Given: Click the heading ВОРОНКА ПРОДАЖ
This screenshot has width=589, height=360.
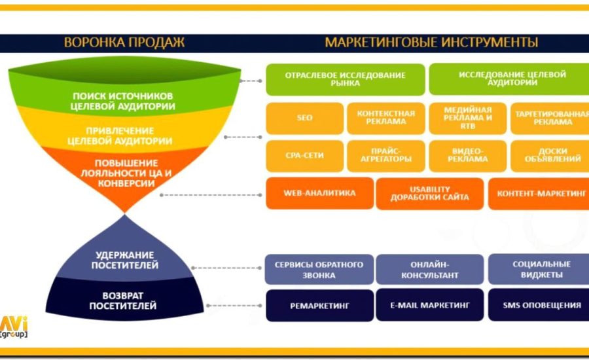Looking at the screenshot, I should tap(124, 43).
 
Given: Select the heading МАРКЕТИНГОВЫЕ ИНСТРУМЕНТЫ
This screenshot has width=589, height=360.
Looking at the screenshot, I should tap(431, 43).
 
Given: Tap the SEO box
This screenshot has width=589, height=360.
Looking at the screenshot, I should tap(304, 118).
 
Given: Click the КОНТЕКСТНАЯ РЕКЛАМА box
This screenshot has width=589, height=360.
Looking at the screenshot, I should tap(385, 118).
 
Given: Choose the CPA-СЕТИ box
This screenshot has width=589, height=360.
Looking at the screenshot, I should tap(304, 156).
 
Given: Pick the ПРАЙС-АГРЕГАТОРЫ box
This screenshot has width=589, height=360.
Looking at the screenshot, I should tap(385, 156).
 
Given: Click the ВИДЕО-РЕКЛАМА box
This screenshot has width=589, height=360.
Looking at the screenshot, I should tap(467, 156).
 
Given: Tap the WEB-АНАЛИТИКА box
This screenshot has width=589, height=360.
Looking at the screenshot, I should tap(319, 194).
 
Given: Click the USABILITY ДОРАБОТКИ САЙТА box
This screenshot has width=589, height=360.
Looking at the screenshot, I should tap(430, 194).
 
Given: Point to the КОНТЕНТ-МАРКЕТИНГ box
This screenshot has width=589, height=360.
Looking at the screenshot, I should tap(539, 194).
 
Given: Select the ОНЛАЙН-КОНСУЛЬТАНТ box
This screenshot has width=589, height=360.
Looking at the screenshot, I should tap(430, 270).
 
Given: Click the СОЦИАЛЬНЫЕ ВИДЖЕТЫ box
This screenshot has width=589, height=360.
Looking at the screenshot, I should tap(539, 270).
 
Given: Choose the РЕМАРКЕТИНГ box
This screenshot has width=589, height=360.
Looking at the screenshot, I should tap(319, 305).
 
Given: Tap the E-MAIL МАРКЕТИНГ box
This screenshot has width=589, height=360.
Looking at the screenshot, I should tap(430, 305).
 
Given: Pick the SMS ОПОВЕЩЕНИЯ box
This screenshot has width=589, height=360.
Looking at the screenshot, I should tap(539, 305).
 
